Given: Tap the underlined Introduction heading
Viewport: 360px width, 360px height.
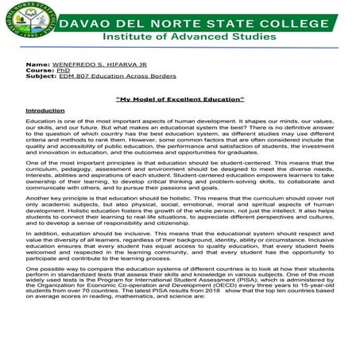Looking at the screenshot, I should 45,110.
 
